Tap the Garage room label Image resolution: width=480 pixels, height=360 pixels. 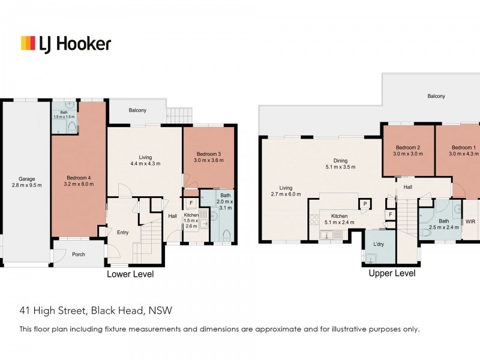tap(25, 178)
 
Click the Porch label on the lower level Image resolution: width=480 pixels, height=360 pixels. tap(78, 254)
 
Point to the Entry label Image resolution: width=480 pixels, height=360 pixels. tap(122, 233)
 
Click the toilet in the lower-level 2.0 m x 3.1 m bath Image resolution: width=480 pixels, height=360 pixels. tap(225, 235)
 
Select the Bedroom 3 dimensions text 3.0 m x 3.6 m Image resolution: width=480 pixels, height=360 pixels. tap(208, 161)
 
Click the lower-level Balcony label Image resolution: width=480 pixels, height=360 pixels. tap(137, 110)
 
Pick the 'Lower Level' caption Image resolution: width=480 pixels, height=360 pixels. tap(130, 274)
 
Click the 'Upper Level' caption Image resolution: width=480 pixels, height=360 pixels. tap(392, 273)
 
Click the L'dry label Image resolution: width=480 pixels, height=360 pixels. tap(379, 245)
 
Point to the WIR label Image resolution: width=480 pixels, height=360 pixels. tap(471, 221)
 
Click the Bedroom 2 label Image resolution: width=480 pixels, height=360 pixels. tap(408, 148)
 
